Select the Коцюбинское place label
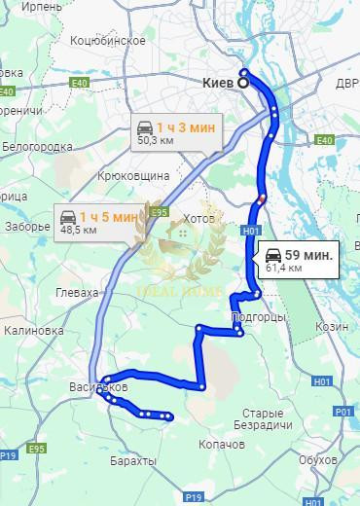(x=108, y=41)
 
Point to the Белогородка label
(x=40, y=147)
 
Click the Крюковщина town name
(x=134, y=176)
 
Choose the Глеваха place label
(x=79, y=292)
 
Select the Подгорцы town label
(x=259, y=317)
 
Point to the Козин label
(x=332, y=327)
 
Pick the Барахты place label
(x=133, y=460)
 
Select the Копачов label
(x=225, y=444)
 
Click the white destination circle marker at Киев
(x=243, y=84)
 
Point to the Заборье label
(x=27, y=227)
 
